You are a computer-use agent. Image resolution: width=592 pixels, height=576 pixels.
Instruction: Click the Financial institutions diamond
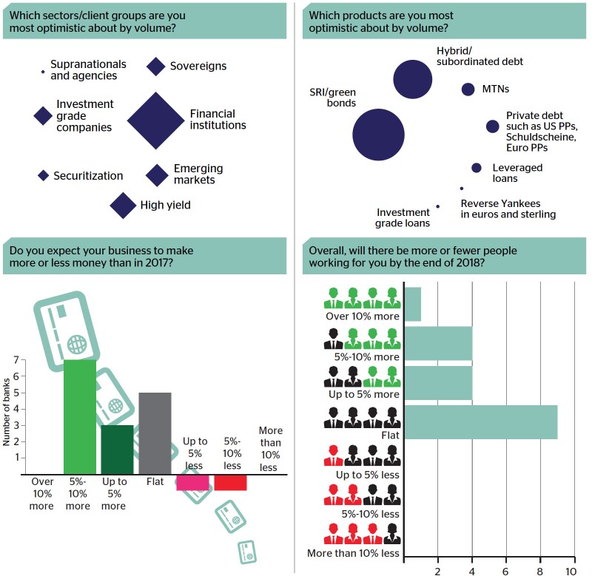point(155,121)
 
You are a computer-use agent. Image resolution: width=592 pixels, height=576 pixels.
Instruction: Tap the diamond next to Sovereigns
point(156,67)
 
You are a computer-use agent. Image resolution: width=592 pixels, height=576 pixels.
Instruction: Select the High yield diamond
point(123,206)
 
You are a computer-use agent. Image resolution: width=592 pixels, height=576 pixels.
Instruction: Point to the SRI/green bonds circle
point(378,135)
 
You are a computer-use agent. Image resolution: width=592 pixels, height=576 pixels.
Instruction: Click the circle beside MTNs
point(468,89)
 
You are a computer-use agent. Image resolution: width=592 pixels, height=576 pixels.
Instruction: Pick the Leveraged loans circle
point(477,168)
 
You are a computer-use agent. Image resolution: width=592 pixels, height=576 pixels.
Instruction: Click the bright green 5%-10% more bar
point(80,417)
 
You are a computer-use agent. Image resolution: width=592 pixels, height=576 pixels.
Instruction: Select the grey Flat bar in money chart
point(155,433)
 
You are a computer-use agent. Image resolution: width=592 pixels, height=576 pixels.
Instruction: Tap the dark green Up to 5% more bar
point(117,450)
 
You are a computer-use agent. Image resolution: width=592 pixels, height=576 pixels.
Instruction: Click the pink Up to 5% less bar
point(192,482)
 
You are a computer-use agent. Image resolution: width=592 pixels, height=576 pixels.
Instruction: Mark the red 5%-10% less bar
point(230,482)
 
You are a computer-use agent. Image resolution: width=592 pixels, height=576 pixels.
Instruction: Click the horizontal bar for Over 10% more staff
point(413,304)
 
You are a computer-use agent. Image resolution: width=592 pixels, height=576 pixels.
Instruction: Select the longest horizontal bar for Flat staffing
point(481,422)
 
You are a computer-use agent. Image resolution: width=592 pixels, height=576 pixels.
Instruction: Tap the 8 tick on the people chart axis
point(540,571)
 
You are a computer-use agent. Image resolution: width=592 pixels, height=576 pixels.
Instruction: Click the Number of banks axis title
point(7,412)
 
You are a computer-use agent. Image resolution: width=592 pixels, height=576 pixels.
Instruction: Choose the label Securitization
point(88,176)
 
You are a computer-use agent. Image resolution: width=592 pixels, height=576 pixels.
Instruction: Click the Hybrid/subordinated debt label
point(480,56)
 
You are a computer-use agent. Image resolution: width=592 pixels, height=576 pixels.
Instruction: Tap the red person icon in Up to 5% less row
point(333,455)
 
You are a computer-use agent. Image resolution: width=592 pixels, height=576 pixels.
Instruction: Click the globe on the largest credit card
point(77,344)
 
